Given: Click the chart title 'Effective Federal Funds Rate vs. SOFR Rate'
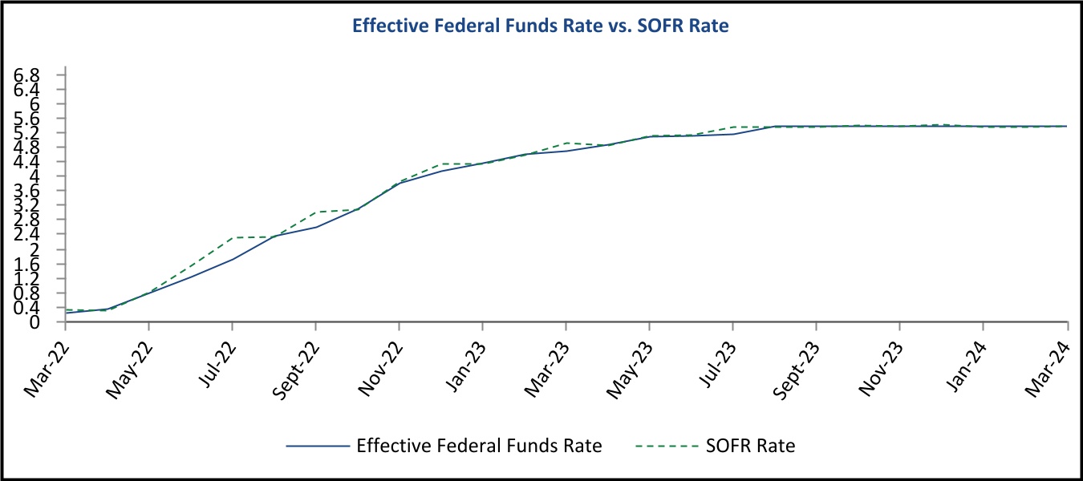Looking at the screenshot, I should pos(541,26).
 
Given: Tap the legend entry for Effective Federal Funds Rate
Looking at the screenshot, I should pos(479,446).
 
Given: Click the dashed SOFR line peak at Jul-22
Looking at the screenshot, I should pos(233,237).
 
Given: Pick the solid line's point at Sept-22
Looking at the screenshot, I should pos(316,227).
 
